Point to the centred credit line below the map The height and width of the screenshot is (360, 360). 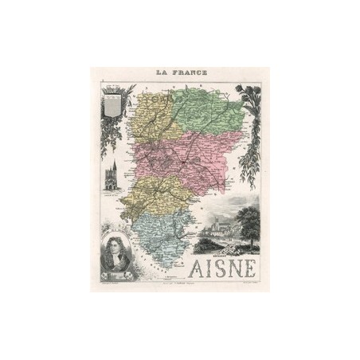[180, 284]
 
